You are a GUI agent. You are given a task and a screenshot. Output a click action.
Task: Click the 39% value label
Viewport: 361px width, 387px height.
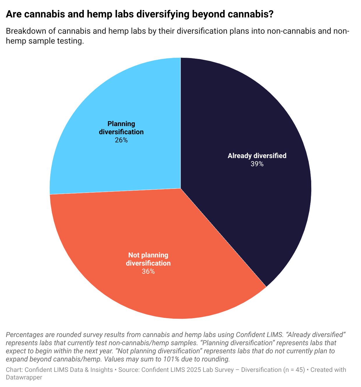(x=257, y=164)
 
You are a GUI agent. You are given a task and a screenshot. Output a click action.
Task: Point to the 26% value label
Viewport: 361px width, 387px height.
(x=121, y=140)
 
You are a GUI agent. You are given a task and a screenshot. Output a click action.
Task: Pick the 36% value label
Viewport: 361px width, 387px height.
(x=148, y=272)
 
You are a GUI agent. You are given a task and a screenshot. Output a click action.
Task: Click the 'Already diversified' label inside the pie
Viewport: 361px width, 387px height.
(x=257, y=156)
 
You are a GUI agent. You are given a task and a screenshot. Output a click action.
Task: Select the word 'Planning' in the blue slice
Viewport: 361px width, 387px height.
(x=121, y=124)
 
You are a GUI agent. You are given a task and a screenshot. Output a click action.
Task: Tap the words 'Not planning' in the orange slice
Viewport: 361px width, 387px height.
(x=148, y=255)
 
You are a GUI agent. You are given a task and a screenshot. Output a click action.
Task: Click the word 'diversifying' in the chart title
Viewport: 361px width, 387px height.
(x=162, y=15)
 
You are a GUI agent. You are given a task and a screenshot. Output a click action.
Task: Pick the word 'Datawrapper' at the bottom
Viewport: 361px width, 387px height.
(x=24, y=377)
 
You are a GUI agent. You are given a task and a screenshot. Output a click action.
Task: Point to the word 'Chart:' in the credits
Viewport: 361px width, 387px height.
(x=14, y=370)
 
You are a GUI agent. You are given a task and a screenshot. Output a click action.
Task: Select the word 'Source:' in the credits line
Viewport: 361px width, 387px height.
(x=129, y=370)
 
